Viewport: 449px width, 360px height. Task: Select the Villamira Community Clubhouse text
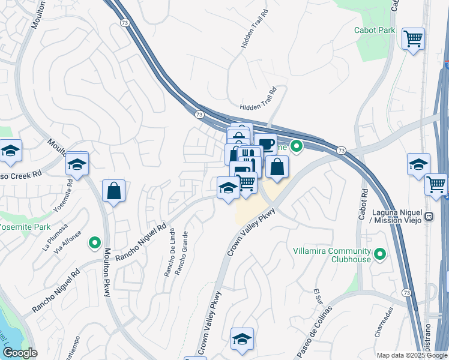click(332, 255)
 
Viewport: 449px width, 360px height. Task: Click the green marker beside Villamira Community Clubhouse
click(379, 255)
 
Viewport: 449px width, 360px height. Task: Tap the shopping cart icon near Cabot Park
click(414, 39)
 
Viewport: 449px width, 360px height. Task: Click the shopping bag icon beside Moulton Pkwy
click(113, 191)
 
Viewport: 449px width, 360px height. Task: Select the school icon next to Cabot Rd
click(418, 164)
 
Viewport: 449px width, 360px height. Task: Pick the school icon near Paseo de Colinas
click(242, 339)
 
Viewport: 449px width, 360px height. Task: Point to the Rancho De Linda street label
click(169, 253)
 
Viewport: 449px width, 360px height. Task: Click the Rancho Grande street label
click(181, 253)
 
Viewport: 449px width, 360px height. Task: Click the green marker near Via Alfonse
click(94, 243)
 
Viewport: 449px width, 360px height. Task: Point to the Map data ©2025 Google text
click(411, 355)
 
